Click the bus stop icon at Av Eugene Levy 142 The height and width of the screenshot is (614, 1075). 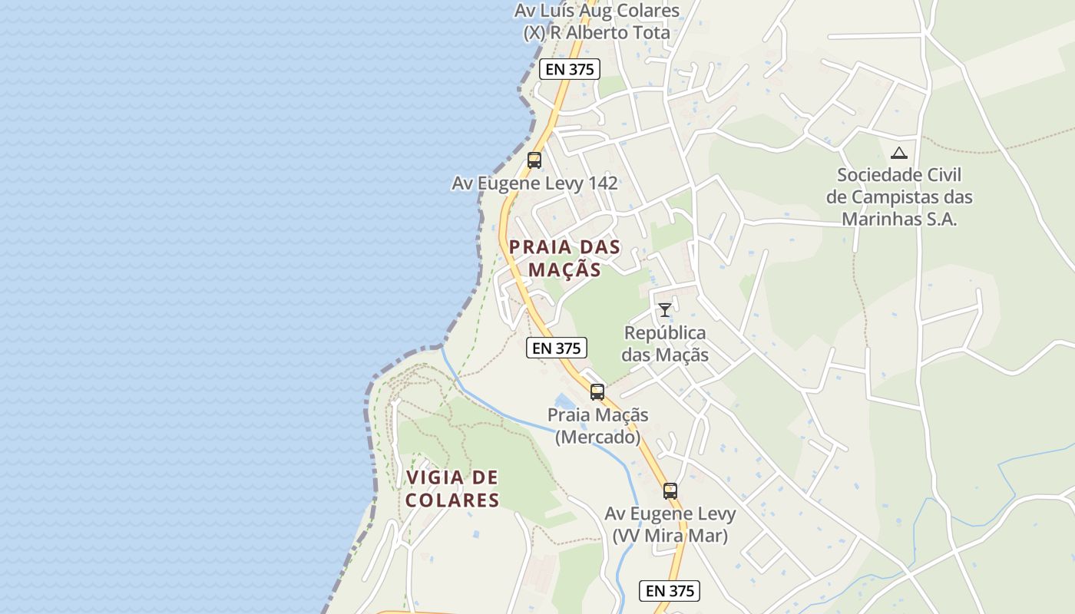[534, 160]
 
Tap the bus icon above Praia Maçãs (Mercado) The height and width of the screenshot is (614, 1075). [597, 392]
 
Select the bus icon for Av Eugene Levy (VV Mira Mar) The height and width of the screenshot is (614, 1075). [670, 491]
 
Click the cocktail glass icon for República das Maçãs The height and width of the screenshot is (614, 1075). [665, 310]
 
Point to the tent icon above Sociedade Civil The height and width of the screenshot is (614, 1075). [899, 153]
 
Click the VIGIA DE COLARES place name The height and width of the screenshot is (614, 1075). [452, 489]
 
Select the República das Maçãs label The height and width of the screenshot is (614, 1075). [665, 344]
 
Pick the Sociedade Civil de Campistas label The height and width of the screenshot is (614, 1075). [899, 196]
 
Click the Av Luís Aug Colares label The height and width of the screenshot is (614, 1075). [597, 11]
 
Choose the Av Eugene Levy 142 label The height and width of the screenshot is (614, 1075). [534, 183]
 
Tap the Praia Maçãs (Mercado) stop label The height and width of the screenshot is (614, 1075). [597, 426]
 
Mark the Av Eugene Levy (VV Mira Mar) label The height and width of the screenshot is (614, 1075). [670, 524]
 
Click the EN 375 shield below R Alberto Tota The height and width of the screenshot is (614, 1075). [569, 69]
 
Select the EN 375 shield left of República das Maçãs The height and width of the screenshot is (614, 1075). [557, 348]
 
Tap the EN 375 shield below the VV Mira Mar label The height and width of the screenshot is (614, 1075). [670, 590]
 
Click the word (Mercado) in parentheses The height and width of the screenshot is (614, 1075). [597, 437]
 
